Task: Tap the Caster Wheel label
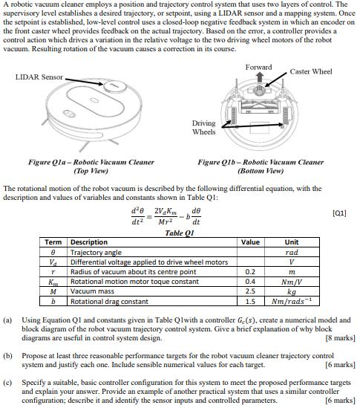click(x=311, y=71)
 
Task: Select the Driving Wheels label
click(x=203, y=128)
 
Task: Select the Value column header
click(x=251, y=242)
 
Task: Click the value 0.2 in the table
click(x=251, y=272)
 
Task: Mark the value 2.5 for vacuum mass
click(x=251, y=292)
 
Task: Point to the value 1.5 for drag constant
click(x=251, y=302)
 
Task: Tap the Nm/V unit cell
click(x=292, y=282)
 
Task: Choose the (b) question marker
click(x=7, y=357)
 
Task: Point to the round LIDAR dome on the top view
click(x=114, y=88)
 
